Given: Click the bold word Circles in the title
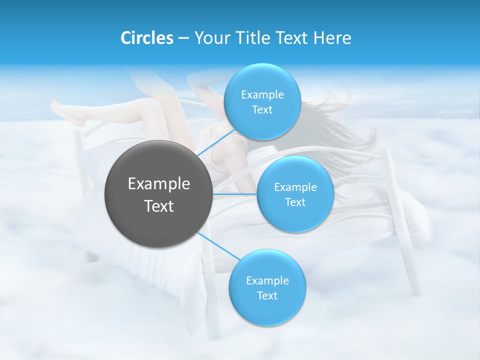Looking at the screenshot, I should pyautogui.click(x=147, y=38).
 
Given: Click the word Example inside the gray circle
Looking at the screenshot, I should pyautogui.click(x=159, y=184).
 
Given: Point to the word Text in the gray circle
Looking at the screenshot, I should pyautogui.click(x=159, y=206).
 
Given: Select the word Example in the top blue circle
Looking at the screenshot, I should pyautogui.click(x=262, y=94).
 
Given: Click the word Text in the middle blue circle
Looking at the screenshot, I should pyautogui.click(x=295, y=202).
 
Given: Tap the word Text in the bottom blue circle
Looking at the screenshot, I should pyautogui.click(x=267, y=296).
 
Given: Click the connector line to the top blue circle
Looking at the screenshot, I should pyautogui.click(x=216, y=143).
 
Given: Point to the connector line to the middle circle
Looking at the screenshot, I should pyautogui.click(x=235, y=193).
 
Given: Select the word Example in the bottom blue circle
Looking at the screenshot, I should pyautogui.click(x=267, y=280).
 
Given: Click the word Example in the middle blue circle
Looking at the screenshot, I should pyautogui.click(x=295, y=187).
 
